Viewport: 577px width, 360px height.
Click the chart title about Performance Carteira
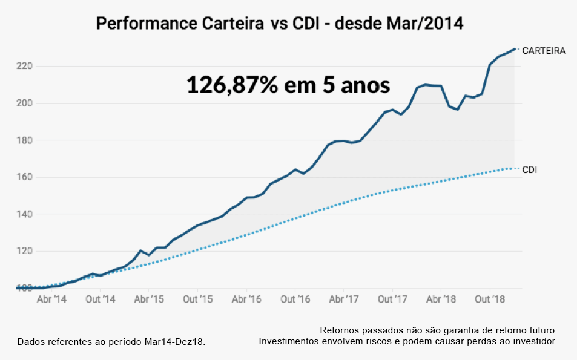(280, 24)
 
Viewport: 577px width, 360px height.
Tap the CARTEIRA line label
(544, 51)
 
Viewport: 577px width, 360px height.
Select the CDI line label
(529, 170)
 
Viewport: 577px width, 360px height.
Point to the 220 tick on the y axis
(24, 66)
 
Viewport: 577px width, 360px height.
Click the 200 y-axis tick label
(24, 103)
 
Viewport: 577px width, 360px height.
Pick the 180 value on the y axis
(24, 140)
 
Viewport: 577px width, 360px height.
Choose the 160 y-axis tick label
(24, 177)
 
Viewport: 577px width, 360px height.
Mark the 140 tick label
(24, 214)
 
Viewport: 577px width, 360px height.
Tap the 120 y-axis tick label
(24, 251)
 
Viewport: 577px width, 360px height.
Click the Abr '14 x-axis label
(52, 299)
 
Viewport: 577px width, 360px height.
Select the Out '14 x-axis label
(101, 299)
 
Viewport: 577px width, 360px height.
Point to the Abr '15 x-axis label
(149, 299)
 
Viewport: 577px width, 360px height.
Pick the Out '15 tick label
(198, 299)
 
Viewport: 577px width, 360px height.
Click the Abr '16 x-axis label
(246, 299)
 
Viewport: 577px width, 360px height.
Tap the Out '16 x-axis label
(295, 299)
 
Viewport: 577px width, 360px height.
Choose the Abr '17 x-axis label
(344, 299)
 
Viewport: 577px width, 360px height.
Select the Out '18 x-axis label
(490, 299)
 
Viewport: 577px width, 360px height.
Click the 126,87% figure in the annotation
(232, 85)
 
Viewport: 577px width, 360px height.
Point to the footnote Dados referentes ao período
(111, 342)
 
